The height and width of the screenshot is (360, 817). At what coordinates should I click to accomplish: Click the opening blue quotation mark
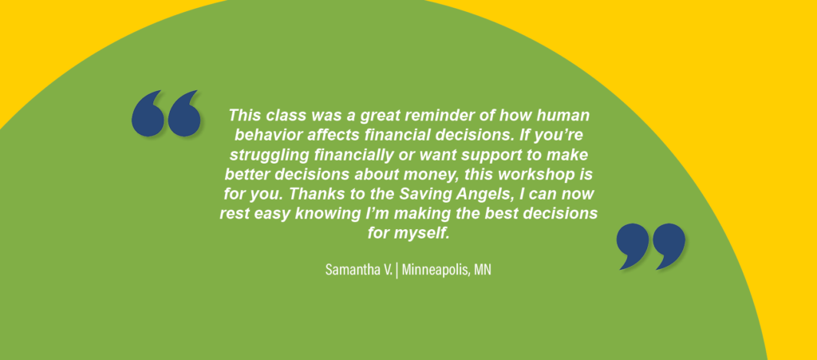166,113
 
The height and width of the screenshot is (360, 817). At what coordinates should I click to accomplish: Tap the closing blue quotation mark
650,247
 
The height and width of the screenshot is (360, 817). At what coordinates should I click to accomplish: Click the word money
436,175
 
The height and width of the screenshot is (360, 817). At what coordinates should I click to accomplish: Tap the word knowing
322,214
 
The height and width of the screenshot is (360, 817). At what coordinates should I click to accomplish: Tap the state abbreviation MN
483,271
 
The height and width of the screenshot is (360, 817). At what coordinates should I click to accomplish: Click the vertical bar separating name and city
397,271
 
